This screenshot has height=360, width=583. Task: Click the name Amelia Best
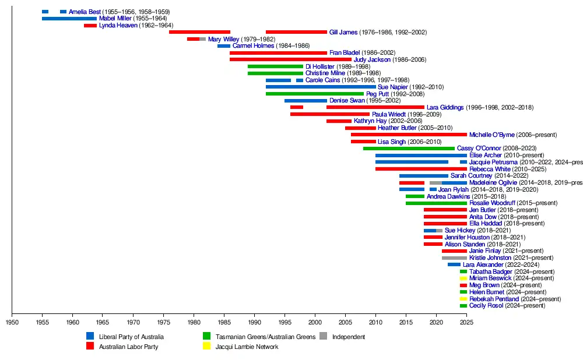coord(85,12)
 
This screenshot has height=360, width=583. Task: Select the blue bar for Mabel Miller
coord(69,19)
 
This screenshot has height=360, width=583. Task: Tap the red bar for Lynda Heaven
coord(90,26)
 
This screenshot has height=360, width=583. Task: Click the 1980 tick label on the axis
coord(194,321)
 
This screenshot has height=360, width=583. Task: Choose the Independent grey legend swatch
coord(324,336)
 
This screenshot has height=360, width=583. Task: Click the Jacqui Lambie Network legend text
coord(247,347)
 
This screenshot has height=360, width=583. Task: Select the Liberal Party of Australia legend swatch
coord(90,336)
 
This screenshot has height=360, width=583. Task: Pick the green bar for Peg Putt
coord(315,94)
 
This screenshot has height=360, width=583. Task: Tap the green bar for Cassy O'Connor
coord(409,149)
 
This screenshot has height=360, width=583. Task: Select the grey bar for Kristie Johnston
coord(454,257)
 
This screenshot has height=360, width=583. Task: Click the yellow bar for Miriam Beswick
coord(463,278)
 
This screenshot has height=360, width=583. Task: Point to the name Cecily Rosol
coord(486,305)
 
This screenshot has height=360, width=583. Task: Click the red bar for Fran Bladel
coord(278,53)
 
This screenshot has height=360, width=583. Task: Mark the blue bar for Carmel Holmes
coord(224,46)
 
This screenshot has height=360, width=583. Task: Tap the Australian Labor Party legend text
coord(129,347)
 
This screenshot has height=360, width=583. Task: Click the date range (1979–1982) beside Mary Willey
coord(258,39)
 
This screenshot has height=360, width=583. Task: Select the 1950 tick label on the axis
coord(12,321)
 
